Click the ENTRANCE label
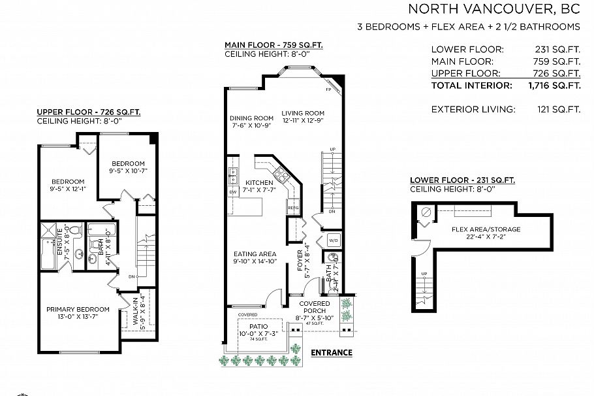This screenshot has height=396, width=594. tap(331, 353)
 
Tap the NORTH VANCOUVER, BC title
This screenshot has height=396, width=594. tap(494, 9)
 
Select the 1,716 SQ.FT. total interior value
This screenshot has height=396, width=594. tap(554, 86)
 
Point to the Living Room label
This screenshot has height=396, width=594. tap(303, 116)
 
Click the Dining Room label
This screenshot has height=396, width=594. tap(251, 122)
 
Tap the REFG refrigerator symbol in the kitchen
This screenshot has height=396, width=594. tap(292, 208)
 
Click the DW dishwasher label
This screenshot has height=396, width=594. tap(232, 192)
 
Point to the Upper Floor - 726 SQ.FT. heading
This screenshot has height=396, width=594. tap(88, 112)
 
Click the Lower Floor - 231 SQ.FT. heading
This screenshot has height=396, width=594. tap(461, 180)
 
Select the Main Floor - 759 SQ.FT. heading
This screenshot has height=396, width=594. tap(274, 45)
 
